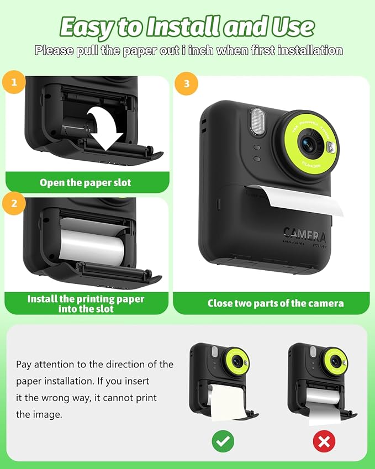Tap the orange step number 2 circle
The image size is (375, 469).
point(14,203)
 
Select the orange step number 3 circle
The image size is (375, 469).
point(186,83)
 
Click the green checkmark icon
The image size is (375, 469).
point(223,440)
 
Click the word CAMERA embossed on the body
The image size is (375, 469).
point(304,235)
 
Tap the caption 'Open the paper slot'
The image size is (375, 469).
point(86,182)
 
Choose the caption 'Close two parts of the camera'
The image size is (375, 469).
point(275,303)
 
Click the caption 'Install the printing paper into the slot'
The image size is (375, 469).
point(86,303)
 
